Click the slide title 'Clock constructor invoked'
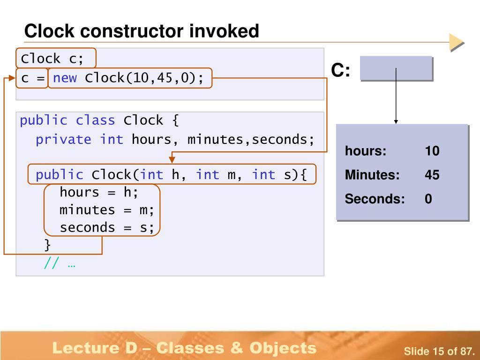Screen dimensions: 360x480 (142, 32)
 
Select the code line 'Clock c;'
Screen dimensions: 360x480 (52, 59)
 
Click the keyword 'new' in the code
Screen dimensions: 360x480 (65, 78)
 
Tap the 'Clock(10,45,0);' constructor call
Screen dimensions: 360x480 (144, 78)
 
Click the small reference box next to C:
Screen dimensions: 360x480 (396, 68)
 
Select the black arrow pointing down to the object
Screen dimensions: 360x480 (396, 96)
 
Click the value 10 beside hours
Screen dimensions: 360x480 (432, 151)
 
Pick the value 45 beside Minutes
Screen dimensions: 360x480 (432, 175)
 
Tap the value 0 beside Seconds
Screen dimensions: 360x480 (428, 199)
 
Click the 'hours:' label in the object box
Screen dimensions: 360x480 (366, 151)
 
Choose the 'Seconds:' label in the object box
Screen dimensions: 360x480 (375, 199)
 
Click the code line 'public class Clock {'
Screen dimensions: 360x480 (99, 120)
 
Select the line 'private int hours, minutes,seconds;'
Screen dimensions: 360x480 (174, 140)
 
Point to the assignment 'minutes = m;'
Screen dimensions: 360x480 (107, 210)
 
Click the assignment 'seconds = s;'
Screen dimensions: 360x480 (107, 228)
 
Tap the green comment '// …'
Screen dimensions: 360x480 (60, 263)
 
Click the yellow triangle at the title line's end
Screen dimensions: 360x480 (456, 42)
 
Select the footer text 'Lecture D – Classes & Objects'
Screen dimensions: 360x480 (184, 348)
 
